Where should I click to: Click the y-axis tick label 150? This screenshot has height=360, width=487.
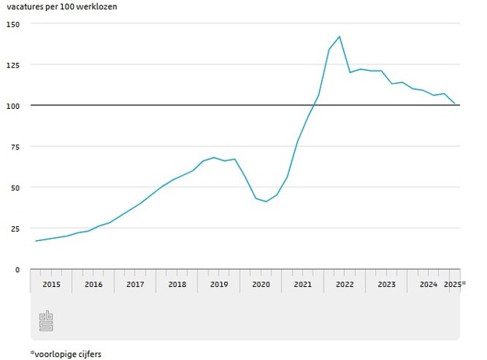click(x=12, y=23)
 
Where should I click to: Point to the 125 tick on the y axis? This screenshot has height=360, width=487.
click(x=12, y=65)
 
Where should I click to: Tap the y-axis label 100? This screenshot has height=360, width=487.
click(x=12, y=105)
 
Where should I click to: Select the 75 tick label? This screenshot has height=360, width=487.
click(x=15, y=146)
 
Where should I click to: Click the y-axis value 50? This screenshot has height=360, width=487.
click(x=15, y=187)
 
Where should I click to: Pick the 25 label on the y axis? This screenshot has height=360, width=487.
click(x=15, y=229)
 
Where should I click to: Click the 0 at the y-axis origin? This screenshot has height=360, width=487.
click(x=17, y=269)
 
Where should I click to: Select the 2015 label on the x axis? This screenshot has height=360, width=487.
click(x=51, y=285)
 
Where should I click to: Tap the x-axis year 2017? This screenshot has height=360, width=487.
click(x=135, y=285)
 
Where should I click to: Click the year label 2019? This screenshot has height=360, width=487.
click(x=219, y=285)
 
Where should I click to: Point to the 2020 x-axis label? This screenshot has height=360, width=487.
click(x=261, y=285)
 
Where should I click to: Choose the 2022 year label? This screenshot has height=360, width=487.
click(x=345, y=285)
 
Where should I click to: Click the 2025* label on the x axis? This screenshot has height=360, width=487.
click(x=454, y=285)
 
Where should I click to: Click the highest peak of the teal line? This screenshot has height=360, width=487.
click(x=339, y=37)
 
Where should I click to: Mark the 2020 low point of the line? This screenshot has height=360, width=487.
click(x=266, y=202)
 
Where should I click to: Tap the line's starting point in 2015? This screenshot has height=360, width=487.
click(x=36, y=241)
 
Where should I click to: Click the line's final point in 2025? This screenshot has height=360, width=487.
click(x=455, y=103)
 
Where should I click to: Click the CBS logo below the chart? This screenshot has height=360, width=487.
click(x=47, y=320)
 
